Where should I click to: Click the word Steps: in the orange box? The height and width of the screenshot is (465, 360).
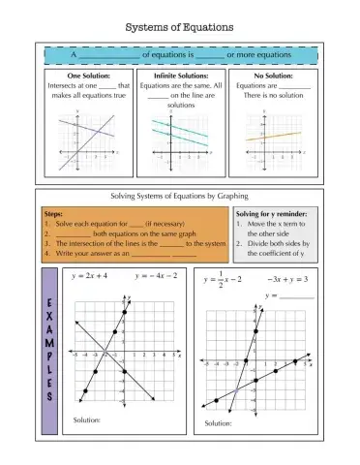(x=56, y=213)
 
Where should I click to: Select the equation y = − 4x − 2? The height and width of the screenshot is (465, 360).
(x=156, y=276)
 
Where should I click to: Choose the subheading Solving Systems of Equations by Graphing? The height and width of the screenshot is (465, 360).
(x=181, y=195)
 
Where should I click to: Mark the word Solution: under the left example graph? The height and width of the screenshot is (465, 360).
(x=87, y=419)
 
